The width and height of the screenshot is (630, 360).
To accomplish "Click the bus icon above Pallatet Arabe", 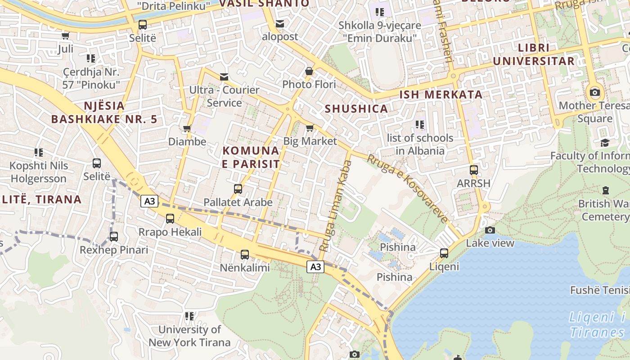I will click(238, 189).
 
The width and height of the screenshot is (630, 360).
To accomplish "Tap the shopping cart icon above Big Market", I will click(310, 128).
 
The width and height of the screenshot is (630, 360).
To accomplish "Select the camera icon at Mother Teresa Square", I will click(594, 92).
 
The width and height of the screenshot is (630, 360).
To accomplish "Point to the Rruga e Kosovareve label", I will click(408, 189).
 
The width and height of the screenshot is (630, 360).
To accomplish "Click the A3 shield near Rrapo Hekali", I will click(150, 201).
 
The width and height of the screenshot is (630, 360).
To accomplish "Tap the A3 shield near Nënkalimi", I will click(315, 267).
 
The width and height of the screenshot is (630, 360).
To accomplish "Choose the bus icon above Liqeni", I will click(444, 253).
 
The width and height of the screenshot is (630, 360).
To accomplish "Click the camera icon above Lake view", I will click(490, 230).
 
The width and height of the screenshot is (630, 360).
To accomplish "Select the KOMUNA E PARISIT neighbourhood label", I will click(251, 157).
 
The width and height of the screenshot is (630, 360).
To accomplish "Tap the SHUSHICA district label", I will click(356, 108).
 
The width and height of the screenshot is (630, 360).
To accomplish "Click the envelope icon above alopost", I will click(280, 23).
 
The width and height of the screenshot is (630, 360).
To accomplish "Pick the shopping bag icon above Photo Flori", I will click(309, 71).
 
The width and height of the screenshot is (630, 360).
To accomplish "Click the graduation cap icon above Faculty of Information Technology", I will click(605, 143).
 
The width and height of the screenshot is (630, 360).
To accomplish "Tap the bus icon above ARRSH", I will click(473, 170).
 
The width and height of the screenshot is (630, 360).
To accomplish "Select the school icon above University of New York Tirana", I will click(189, 316).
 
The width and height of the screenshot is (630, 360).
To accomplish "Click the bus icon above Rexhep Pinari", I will click(114, 236).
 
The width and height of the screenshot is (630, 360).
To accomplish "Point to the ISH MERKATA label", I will click(441, 94).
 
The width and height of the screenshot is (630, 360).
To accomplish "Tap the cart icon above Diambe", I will click(187, 129).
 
